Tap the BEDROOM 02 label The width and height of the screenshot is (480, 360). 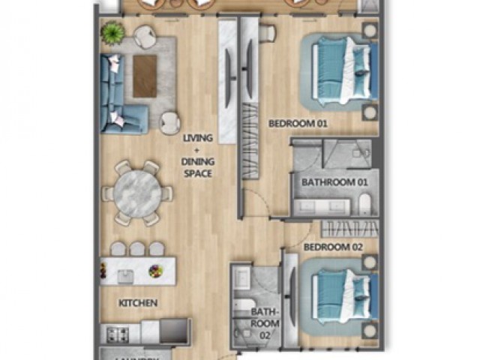pos(333,247)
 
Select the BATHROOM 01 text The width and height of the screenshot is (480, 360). pos(334,182)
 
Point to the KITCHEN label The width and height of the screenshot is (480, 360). pos(138,303)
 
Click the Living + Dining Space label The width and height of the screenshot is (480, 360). pos(199,155)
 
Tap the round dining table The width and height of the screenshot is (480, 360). pos(138,191)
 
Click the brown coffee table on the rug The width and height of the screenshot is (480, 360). pos(145,76)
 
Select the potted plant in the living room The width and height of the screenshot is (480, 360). pos(113,32)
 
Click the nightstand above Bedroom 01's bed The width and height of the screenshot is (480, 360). pos(369,31)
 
